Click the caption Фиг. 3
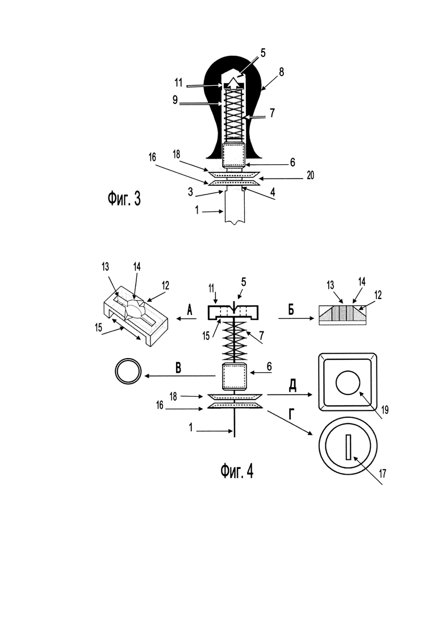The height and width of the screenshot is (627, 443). click(124, 199)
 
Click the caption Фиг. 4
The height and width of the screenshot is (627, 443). click(237, 471)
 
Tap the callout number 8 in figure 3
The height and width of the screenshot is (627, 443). click(282, 72)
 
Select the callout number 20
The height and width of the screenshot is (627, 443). click(310, 175)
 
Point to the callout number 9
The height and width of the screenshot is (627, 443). click(175, 99)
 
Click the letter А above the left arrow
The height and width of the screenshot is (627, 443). click(189, 309)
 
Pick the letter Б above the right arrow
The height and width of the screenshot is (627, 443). click(291, 310)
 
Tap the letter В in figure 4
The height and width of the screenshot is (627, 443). click(178, 368)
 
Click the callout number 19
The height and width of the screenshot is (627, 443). click(385, 410)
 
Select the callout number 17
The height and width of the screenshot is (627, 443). click(382, 474)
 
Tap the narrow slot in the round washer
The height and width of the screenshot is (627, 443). click(349, 447)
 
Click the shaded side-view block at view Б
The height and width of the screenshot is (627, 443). click(342, 315)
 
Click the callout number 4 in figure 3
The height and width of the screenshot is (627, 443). click(273, 192)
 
